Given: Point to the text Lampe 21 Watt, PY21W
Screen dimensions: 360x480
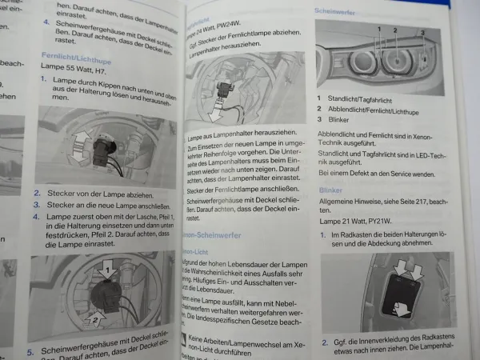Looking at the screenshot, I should pyautogui.click(x=361, y=220).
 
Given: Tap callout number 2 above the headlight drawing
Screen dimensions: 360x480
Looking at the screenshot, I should pyautogui.click(x=394, y=30).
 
